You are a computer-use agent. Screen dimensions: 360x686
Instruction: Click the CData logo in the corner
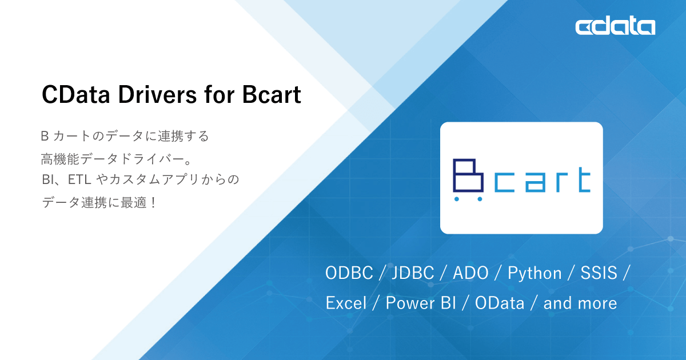coord(615,27)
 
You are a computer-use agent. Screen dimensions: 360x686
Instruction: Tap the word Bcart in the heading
coord(271,95)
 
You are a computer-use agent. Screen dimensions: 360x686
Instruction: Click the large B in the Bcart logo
coord(469,175)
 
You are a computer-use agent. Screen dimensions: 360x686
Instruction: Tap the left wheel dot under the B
coord(457,199)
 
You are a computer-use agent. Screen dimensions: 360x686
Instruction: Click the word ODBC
coord(349,273)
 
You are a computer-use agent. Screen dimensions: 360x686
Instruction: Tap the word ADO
coord(470,273)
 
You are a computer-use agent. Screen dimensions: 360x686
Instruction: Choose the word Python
coord(535,274)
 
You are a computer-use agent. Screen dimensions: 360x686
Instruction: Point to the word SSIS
coord(599,273)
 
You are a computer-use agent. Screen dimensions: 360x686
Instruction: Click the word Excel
coord(346,303)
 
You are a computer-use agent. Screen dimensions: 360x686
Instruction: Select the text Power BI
coord(420,303)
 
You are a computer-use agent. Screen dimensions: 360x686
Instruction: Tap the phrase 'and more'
coord(580,303)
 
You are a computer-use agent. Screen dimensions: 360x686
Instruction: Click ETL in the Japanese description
coord(79,179)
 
